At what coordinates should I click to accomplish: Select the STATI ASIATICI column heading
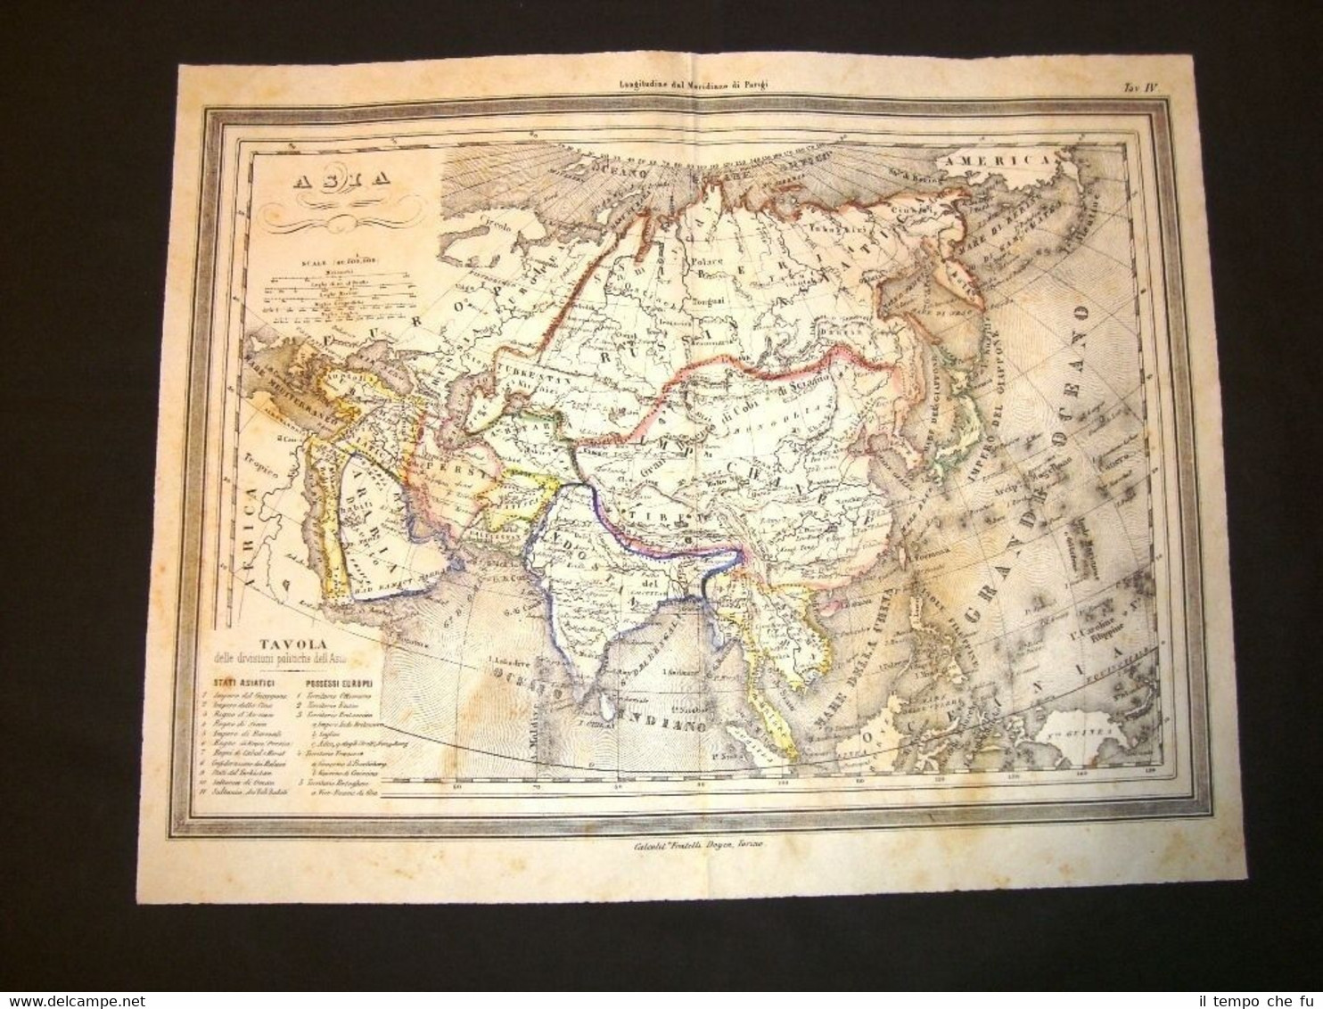click(239, 683)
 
